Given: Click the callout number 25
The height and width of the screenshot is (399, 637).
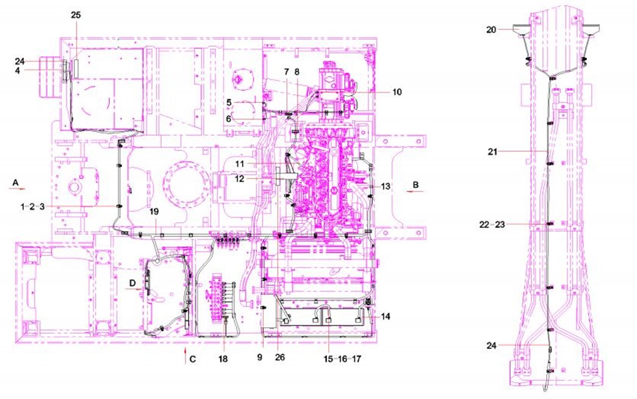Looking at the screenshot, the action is [76, 15].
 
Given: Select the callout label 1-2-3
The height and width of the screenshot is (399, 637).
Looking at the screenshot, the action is [32, 207].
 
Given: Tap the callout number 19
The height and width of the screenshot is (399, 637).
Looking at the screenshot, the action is [154, 211].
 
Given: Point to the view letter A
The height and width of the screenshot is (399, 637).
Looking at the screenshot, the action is [15, 183].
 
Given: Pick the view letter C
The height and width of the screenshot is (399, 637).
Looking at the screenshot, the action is [193, 359].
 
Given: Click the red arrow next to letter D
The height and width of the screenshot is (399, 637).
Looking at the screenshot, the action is [137, 289].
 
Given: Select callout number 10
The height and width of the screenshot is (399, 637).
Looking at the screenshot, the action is [397, 92].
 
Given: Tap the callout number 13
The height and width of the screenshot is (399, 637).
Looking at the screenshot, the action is [386, 186].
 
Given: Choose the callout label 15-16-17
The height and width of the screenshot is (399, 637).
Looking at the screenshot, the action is [342, 359].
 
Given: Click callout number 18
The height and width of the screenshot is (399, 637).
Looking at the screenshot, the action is [223, 359].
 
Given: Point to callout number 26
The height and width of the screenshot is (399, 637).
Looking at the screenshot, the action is [280, 357].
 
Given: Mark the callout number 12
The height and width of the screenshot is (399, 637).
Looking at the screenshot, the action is [240, 178].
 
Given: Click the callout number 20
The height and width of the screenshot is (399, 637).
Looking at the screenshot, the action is [491, 30].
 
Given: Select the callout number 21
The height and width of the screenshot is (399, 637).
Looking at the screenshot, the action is [492, 152].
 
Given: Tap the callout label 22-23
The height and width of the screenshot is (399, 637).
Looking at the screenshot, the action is [492, 224].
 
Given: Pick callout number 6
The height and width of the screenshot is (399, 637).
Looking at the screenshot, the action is [229, 119].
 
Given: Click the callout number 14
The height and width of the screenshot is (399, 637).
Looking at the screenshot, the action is [386, 316].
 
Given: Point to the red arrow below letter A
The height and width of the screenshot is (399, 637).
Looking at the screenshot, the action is [18, 189].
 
